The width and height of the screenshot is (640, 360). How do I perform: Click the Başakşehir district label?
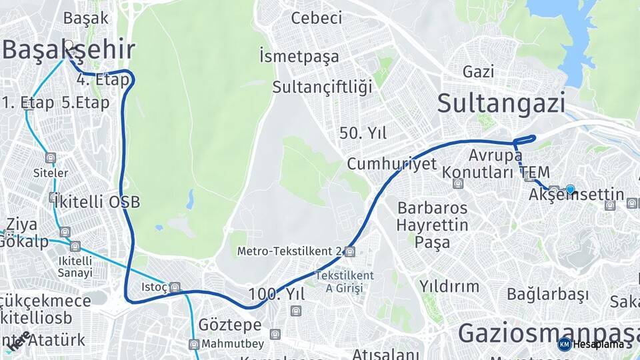point(69,49)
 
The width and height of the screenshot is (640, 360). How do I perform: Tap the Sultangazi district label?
point(501,103)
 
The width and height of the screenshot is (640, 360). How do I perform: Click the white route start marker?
point(68,45)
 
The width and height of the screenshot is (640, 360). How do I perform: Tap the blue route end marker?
point(570,189)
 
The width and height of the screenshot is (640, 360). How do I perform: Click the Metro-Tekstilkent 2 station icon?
point(351,251)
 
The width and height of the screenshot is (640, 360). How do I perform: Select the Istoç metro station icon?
point(175,287)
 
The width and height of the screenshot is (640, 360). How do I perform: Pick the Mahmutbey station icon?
point(194,344)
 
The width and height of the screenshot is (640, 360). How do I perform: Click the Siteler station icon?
point(51,158)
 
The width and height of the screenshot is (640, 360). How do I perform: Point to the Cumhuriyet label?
point(391,163)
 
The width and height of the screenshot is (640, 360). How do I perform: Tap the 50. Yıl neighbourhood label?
point(363,133)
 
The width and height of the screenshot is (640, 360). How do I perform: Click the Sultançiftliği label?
point(322,87)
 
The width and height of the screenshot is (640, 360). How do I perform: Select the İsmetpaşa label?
point(299,56)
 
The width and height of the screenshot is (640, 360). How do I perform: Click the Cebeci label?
point(317,18)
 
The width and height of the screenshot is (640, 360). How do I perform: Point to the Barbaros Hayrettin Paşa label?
point(432,225)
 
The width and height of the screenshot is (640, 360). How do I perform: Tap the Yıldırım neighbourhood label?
point(449,286)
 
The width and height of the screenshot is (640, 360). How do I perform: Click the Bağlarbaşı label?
point(547,294)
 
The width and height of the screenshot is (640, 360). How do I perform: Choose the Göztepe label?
point(230,325)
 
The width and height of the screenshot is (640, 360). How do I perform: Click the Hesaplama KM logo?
point(564,344)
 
